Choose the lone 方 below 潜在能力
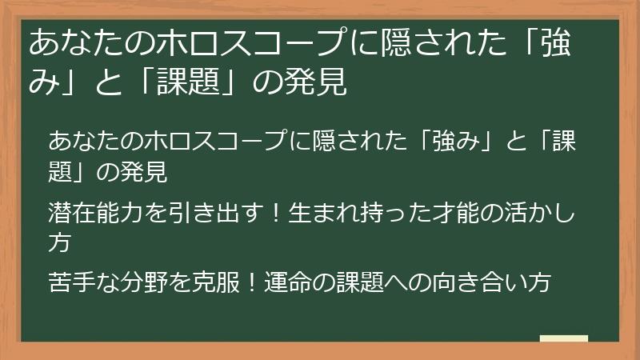point(60,242)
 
